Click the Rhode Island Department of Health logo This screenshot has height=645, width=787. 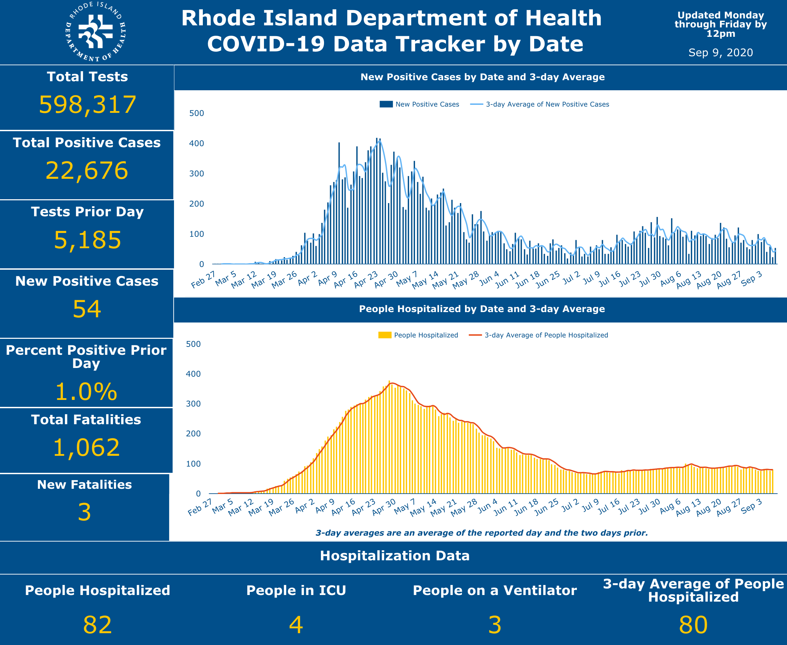click(96, 32)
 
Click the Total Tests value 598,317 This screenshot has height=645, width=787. click(88, 104)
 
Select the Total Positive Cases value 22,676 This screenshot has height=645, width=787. click(86, 170)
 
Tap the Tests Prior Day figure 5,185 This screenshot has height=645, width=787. click(88, 240)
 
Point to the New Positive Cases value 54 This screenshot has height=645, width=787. click(86, 309)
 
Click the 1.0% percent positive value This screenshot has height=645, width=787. click(86, 392)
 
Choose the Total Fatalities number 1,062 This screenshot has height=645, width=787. click(86, 448)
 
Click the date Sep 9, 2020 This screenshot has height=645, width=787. click(720, 52)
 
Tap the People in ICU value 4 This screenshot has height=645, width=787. click(296, 625)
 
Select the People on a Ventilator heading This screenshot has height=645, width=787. click(495, 590)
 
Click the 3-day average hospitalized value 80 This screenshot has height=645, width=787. click(693, 625)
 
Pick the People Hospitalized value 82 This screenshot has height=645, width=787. click(97, 625)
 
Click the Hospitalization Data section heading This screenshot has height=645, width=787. click(395, 556)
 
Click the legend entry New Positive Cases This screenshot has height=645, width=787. click(427, 104)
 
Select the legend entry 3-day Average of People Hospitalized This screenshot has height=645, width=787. click(546, 335)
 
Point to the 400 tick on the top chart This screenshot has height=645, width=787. click(196, 143)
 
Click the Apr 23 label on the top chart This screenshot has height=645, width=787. click(366, 279)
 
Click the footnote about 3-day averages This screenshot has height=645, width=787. click(481, 533)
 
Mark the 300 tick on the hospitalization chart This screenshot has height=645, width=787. click(193, 404)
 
